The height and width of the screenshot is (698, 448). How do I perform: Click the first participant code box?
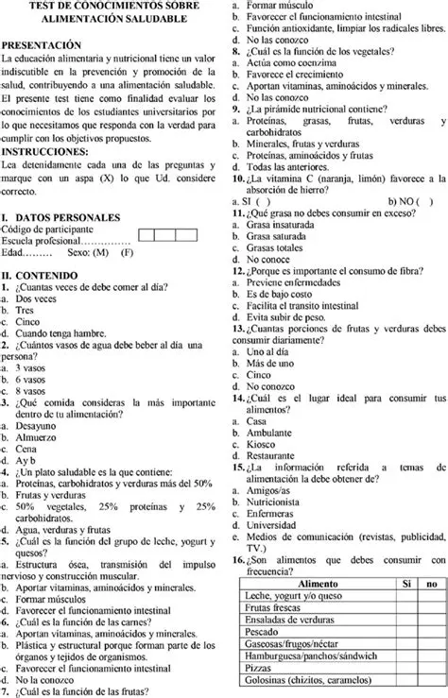pos(148,234)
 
